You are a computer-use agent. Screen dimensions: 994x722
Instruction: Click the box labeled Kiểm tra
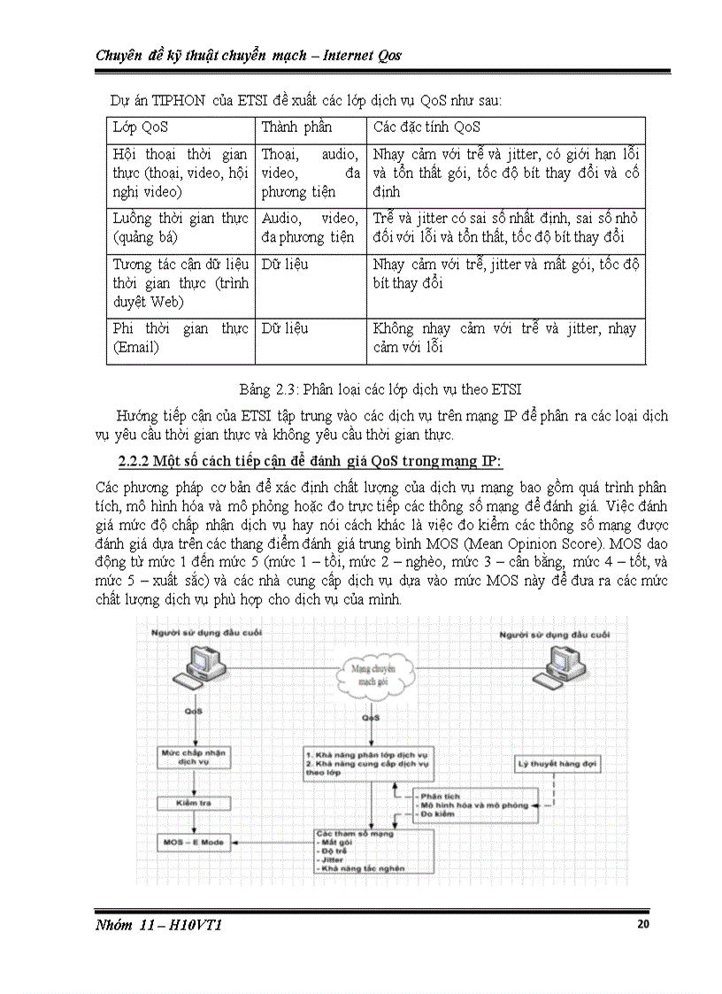pos(193,803)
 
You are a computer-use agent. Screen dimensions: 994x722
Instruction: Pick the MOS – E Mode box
pos(193,842)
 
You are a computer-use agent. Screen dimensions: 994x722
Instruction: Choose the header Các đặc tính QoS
pos(426,127)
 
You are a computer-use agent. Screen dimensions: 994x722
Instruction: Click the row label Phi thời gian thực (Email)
pos(180,338)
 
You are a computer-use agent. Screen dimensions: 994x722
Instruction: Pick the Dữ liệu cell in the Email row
pos(285,328)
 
